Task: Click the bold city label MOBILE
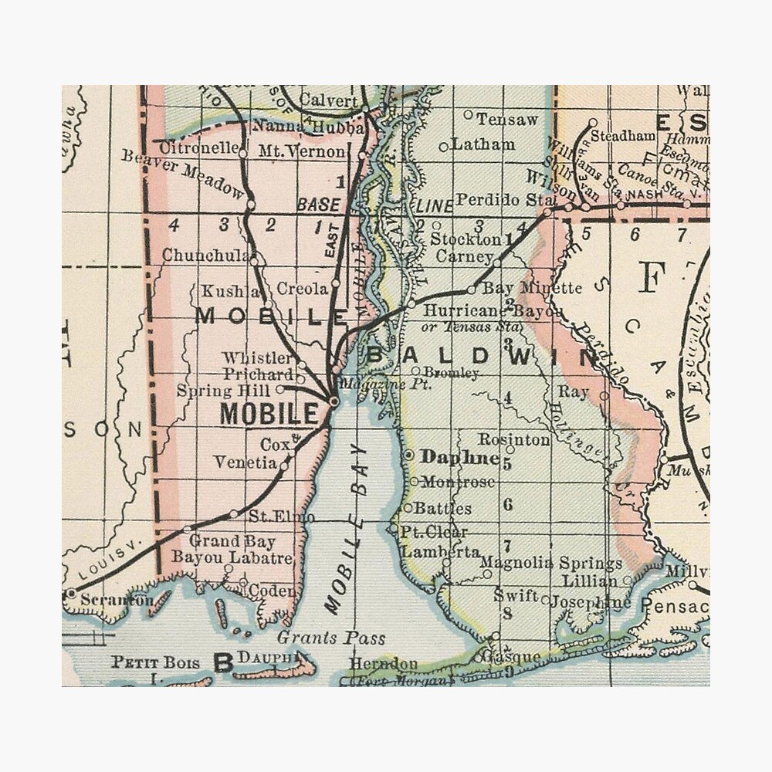tap(269, 414)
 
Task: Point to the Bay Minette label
tap(532, 288)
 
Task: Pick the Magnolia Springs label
tap(550, 564)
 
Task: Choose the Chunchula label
tap(205, 256)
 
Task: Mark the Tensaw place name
tap(506, 120)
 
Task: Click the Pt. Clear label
tap(434, 532)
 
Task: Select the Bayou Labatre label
tap(232, 557)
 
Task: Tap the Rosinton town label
tap(514, 439)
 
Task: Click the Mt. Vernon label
tap(302, 151)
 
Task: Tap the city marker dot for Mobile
tap(333, 401)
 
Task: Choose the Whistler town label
tap(258, 358)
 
